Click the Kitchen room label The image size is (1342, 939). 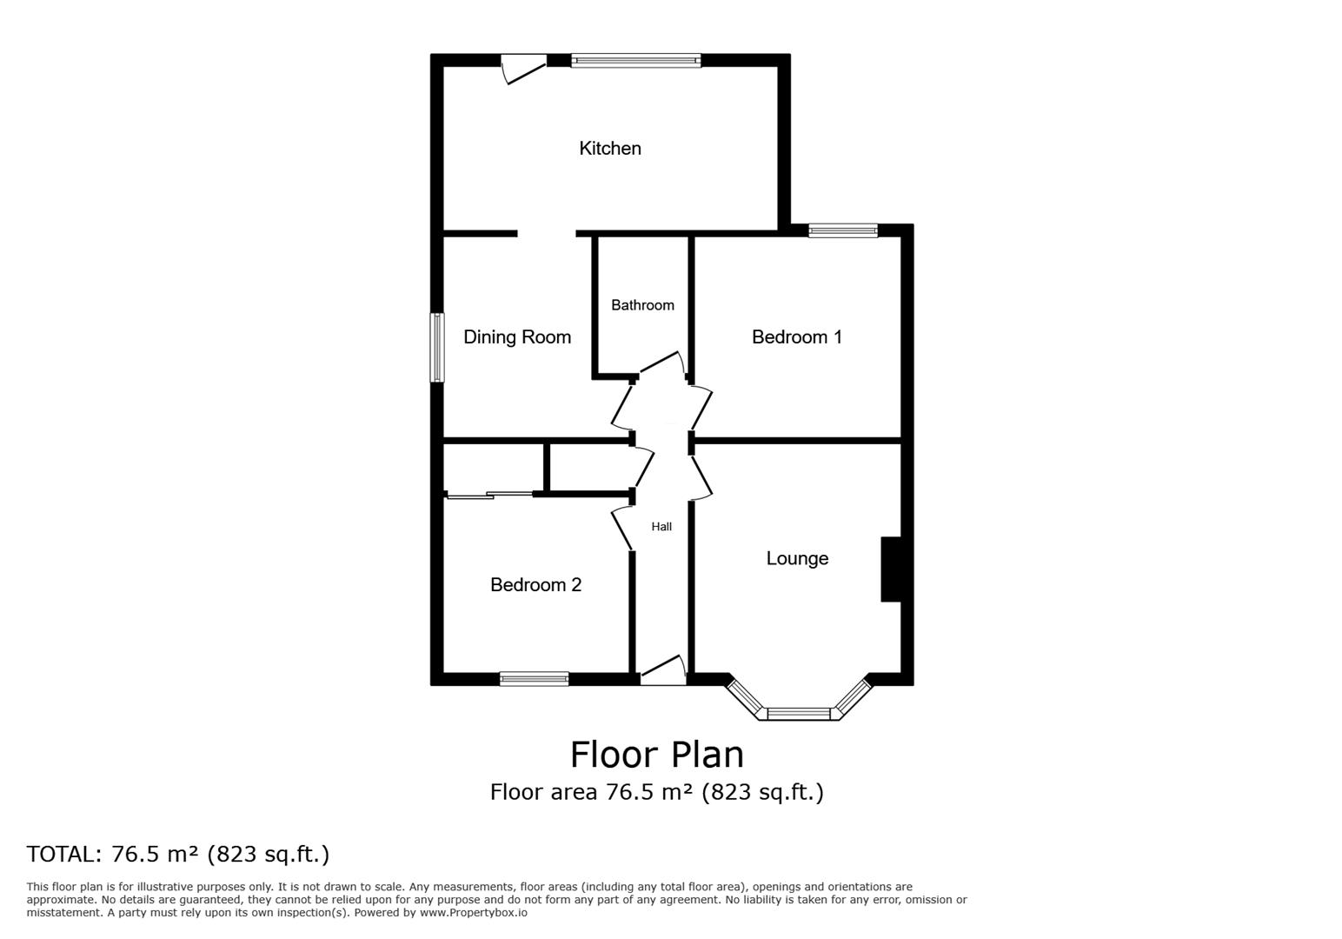pyautogui.click(x=610, y=148)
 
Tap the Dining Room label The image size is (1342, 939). pyautogui.click(x=517, y=336)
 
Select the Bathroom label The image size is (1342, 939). pyautogui.click(x=642, y=305)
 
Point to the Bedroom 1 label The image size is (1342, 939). pyautogui.click(x=797, y=336)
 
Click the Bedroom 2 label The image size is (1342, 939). pyautogui.click(x=535, y=584)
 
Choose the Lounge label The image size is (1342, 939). pyautogui.click(x=797, y=558)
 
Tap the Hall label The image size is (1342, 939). pyautogui.click(x=661, y=527)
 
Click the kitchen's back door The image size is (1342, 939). pyautogui.click(x=523, y=69)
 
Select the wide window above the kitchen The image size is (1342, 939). pyautogui.click(x=635, y=61)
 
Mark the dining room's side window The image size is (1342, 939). pyautogui.click(x=438, y=348)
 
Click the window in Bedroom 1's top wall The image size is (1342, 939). pyautogui.click(x=843, y=230)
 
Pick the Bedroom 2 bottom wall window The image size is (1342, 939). pyautogui.click(x=534, y=679)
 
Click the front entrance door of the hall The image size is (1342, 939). pyautogui.click(x=663, y=670)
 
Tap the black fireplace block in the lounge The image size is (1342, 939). pyautogui.click(x=891, y=569)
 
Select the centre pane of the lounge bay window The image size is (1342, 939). pyautogui.click(x=799, y=714)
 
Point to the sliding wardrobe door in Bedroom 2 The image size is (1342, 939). pyautogui.click(x=488, y=495)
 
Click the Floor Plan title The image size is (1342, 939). pyautogui.click(x=656, y=755)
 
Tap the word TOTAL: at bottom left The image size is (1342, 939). pyautogui.click(x=64, y=854)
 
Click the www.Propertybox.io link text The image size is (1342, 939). pyautogui.click(x=474, y=913)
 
